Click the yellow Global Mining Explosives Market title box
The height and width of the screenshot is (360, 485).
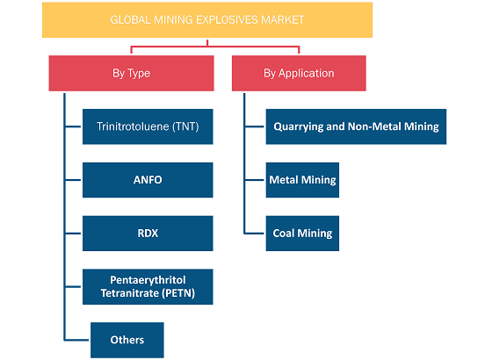point(207,20)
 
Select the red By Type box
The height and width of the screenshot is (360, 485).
point(131,73)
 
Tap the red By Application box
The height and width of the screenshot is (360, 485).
point(299,73)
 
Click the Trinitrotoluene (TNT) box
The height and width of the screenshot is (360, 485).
point(148,126)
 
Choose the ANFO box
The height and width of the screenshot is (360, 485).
point(148,180)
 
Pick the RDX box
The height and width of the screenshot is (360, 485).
point(148,234)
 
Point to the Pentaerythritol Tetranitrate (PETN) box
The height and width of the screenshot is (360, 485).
point(148,287)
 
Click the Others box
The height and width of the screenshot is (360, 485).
point(127,340)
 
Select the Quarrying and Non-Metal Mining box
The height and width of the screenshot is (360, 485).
point(356,126)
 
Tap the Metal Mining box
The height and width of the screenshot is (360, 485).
point(302,180)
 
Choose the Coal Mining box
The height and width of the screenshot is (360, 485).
point(302,234)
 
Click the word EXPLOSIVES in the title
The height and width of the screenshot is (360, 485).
point(227,20)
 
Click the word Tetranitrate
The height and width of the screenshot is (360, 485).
point(130,293)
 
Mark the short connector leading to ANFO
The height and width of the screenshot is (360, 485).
point(73,180)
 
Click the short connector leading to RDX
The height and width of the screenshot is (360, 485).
point(73,234)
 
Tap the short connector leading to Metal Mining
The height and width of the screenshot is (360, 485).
point(255,180)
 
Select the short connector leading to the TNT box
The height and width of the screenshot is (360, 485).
point(73,126)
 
